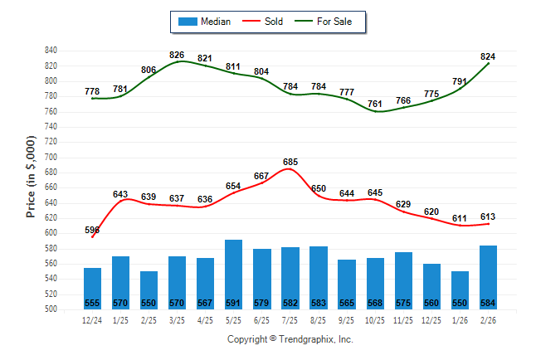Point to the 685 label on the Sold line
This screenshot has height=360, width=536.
coord(290,162)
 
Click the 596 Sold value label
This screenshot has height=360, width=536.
coord(92,230)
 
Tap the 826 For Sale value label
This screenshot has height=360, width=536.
coord(177,55)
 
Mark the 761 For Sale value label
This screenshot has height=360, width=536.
coord(375,104)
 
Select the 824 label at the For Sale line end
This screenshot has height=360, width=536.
coord(488,56)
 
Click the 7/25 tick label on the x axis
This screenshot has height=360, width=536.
coord(290,319)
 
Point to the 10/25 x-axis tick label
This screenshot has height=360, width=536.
coord(375,319)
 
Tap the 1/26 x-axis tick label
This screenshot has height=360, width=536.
coord(460,319)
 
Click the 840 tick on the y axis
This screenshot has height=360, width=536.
coord(51,51)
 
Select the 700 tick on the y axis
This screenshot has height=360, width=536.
coord(51,157)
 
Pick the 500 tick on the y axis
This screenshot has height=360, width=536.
coord(51,309)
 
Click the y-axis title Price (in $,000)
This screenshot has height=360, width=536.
coord(31,176)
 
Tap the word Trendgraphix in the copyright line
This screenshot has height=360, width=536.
coord(305,339)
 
